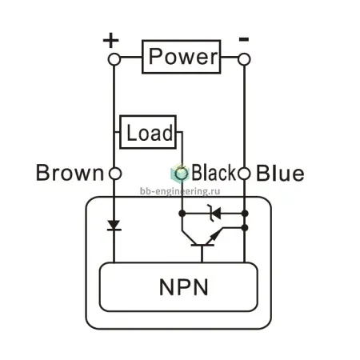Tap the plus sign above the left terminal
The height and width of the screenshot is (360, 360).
[x=110, y=40]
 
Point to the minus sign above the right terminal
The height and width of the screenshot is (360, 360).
[x=244, y=39]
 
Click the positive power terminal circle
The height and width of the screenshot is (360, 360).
[x=114, y=59]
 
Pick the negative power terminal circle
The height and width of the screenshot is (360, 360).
[x=244, y=59]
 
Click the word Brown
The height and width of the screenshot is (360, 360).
[x=70, y=173]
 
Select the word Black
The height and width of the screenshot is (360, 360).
[x=214, y=172]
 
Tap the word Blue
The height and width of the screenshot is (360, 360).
[x=280, y=173]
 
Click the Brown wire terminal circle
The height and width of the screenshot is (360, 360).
[x=115, y=174]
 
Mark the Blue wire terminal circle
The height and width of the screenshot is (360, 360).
[x=244, y=174]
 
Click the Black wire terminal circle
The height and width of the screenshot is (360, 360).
[x=182, y=174]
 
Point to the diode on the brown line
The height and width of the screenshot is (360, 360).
[x=114, y=226]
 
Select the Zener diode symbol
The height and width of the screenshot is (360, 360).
[x=214, y=214]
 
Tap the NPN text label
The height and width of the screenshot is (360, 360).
[x=184, y=287]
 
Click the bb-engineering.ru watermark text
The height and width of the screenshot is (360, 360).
[x=180, y=191]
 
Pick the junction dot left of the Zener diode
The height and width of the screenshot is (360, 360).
[x=182, y=214]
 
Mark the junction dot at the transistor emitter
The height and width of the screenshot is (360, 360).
[x=245, y=228]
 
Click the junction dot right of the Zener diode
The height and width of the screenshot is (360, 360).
[x=245, y=214]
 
